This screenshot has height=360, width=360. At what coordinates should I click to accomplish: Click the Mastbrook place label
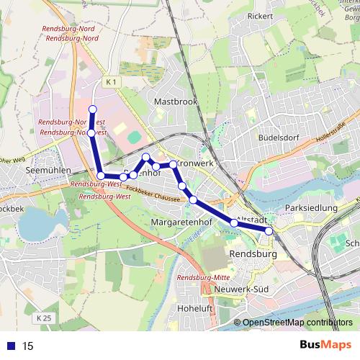(x=175, y=102)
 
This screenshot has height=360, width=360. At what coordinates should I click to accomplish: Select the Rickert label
(x=261, y=16)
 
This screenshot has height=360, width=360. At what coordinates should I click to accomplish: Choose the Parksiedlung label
(x=311, y=208)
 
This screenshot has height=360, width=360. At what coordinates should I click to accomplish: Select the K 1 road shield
(x=109, y=83)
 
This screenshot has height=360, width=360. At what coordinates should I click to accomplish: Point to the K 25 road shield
(x=43, y=317)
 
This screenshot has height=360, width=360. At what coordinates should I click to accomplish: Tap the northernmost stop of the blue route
(x=92, y=109)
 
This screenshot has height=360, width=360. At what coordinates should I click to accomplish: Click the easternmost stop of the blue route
(x=269, y=231)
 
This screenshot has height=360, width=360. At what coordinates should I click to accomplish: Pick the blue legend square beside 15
(x=9, y=345)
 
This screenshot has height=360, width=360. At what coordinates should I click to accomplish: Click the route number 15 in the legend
(x=28, y=345)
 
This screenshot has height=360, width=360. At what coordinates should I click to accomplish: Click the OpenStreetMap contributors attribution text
(x=297, y=323)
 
